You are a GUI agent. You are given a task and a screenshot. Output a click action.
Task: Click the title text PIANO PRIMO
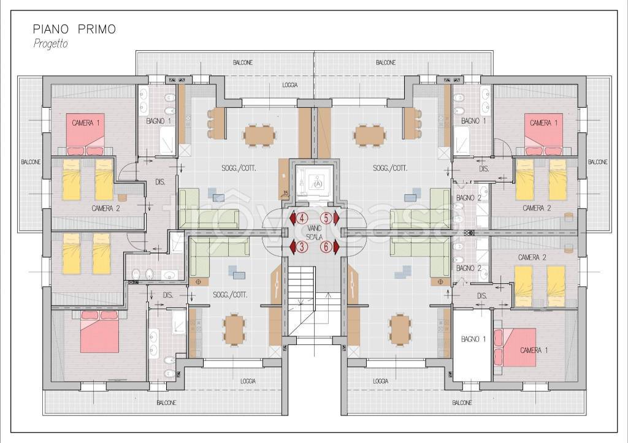point(74,29)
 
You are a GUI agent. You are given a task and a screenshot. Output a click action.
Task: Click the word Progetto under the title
point(50,44)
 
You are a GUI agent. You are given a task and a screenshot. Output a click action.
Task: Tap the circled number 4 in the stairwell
point(301,218)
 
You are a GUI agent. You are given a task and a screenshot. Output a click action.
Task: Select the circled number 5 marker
point(326,218)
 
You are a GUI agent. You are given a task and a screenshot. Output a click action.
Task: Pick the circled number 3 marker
point(301,247)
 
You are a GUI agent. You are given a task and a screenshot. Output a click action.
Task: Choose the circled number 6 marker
point(326,247)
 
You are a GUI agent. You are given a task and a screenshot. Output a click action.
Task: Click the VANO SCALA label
point(314,232)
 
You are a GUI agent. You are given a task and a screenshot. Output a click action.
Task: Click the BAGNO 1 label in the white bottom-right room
point(473,339)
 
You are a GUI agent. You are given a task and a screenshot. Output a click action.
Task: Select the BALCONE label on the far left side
point(31,162)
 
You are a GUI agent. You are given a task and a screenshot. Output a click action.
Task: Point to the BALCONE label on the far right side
point(597,162)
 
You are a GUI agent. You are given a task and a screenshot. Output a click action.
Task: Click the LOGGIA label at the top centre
point(289,85)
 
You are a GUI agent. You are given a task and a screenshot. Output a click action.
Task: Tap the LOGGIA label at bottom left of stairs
point(248,381)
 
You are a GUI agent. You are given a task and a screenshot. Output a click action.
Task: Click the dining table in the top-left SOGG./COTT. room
point(260,135)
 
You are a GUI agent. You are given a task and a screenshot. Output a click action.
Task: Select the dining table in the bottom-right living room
point(400,330)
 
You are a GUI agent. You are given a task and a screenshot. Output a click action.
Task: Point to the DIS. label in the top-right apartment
point(484,169)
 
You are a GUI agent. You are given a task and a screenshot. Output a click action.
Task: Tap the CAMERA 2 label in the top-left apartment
point(105,208)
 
